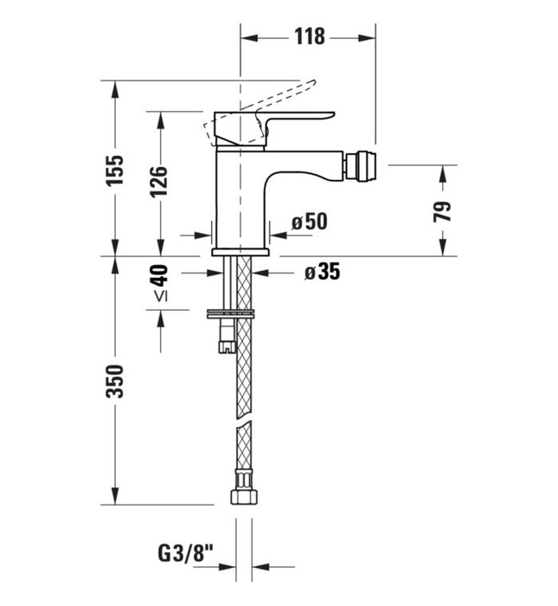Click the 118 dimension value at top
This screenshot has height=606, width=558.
point(309,36)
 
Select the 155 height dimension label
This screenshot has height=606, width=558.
point(116,169)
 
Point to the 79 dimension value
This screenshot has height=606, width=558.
point(442,210)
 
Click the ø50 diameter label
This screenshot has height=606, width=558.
point(309,222)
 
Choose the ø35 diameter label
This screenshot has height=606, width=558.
point(321,272)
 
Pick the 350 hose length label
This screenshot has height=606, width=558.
point(116,381)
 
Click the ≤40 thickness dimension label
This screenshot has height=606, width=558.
point(159,285)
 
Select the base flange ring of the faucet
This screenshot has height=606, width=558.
point(241,252)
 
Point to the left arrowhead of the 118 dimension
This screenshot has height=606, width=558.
point(246,37)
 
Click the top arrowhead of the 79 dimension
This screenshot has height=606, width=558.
point(442,170)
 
